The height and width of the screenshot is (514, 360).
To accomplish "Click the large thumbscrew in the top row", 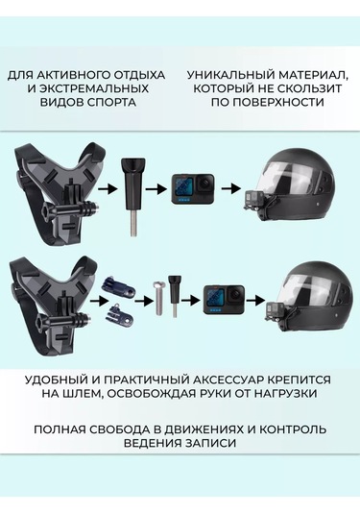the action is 133,196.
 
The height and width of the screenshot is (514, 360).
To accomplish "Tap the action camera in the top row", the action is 193,189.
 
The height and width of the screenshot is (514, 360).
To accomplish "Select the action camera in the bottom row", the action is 224,300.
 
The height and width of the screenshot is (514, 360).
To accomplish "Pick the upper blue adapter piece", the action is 120,285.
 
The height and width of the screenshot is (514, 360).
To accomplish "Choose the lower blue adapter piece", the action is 119,313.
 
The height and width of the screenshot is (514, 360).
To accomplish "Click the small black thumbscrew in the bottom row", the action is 174,296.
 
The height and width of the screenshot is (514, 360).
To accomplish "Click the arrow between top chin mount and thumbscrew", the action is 108,189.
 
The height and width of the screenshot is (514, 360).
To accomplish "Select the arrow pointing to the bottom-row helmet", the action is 255,300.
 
